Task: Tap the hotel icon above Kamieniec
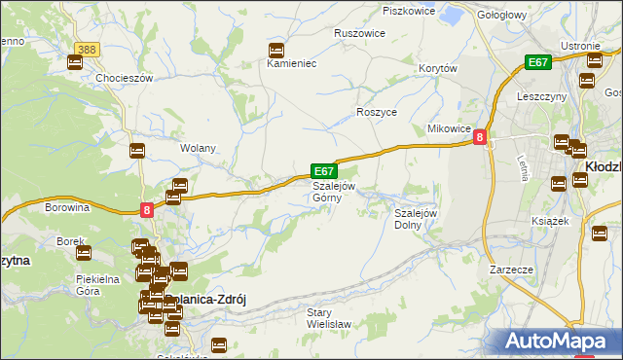(275, 50)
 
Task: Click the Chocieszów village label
(121, 78)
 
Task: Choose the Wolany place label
(198, 149)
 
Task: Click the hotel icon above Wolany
(137, 151)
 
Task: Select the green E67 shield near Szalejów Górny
(324, 169)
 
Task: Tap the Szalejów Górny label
(333, 191)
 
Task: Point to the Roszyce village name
(376, 112)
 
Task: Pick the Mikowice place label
(449, 128)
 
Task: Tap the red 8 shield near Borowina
(146, 209)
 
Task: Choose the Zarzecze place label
(510, 269)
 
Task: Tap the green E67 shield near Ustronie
(538, 62)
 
